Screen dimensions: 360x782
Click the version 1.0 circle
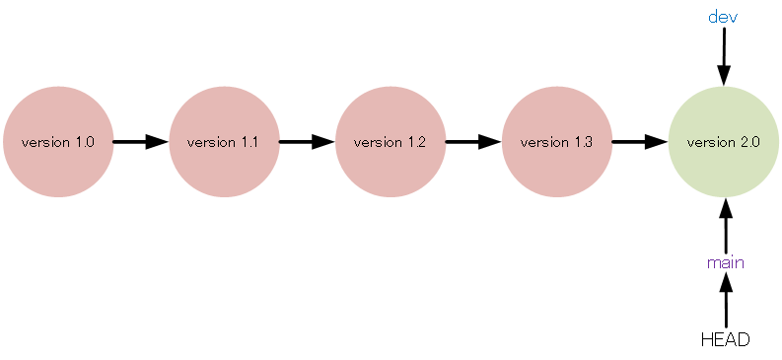point(57,142)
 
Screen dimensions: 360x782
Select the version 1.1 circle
point(224,142)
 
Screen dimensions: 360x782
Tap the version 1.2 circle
point(390,142)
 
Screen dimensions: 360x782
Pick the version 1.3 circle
point(556,142)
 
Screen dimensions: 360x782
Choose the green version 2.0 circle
point(723,142)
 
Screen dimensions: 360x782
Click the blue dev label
point(723,17)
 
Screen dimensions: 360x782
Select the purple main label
point(725,262)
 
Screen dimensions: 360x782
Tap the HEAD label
point(725,339)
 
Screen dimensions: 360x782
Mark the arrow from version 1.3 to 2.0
point(639,142)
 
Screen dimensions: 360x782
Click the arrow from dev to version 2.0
point(723,55)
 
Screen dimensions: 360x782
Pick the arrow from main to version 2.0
point(725,225)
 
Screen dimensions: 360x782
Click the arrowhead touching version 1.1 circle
point(158,142)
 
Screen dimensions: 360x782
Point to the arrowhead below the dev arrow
point(723,74)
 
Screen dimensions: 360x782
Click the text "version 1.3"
point(556,142)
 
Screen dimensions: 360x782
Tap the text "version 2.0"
point(723,142)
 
